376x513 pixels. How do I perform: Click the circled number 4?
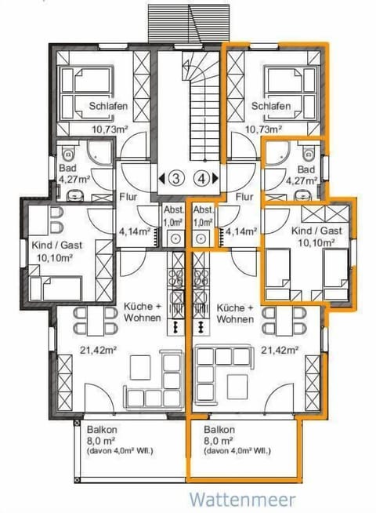pyautogui.click(x=203, y=177)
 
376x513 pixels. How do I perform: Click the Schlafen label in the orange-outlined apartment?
pyautogui.click(x=271, y=106)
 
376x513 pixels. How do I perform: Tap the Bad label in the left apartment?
pyautogui.click(x=67, y=168)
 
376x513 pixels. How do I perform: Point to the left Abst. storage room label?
pyautogui.click(x=174, y=211)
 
